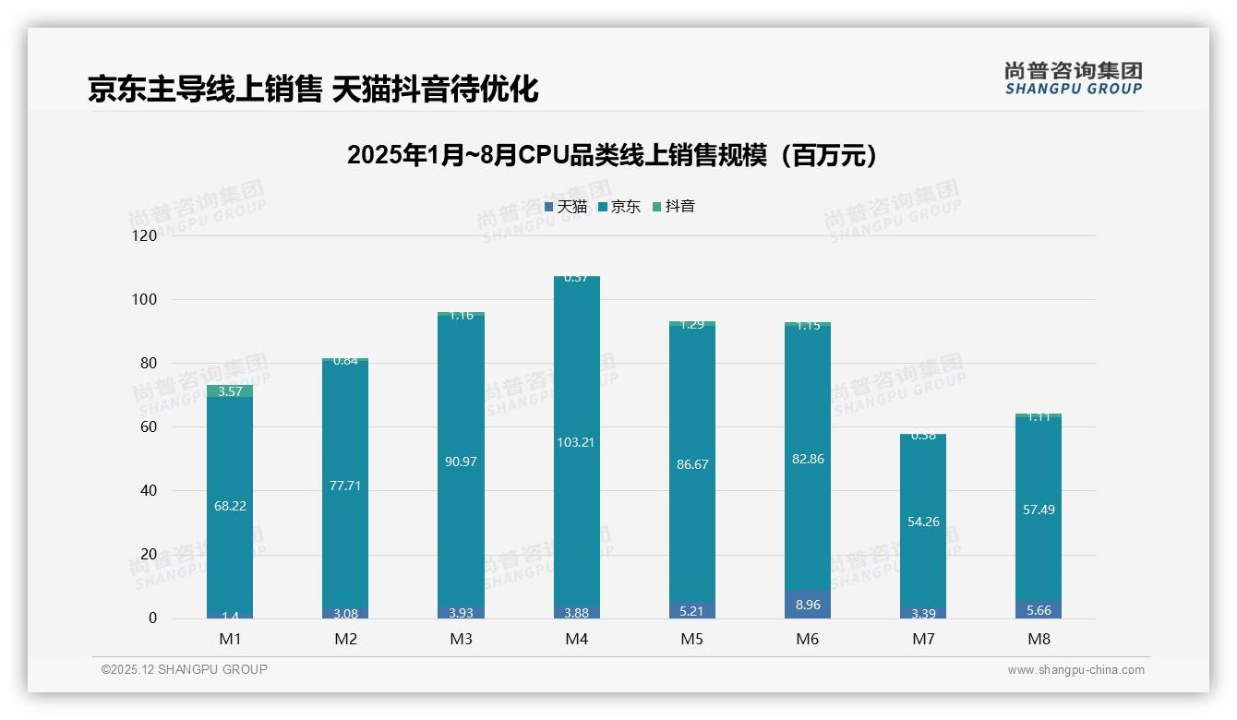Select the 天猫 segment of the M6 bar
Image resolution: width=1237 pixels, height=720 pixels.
click(808, 605)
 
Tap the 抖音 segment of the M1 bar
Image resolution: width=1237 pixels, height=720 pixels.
click(230, 391)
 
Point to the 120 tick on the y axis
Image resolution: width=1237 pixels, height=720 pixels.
click(145, 236)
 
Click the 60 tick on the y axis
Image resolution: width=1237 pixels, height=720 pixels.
click(148, 427)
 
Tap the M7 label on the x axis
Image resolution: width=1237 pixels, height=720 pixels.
click(923, 639)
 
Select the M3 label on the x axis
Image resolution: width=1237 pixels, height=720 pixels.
click(461, 639)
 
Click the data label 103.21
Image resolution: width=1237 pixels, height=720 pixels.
click(576, 442)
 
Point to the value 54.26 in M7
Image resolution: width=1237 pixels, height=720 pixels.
click(923, 522)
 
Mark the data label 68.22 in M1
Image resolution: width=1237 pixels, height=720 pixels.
click(230, 506)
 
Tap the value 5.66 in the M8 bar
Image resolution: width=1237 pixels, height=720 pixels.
click(1039, 610)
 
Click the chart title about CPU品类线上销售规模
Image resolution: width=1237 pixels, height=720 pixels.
click(611, 155)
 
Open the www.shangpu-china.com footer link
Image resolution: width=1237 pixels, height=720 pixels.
click(1075, 670)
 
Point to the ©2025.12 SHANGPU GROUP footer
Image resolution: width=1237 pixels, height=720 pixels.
click(185, 670)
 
